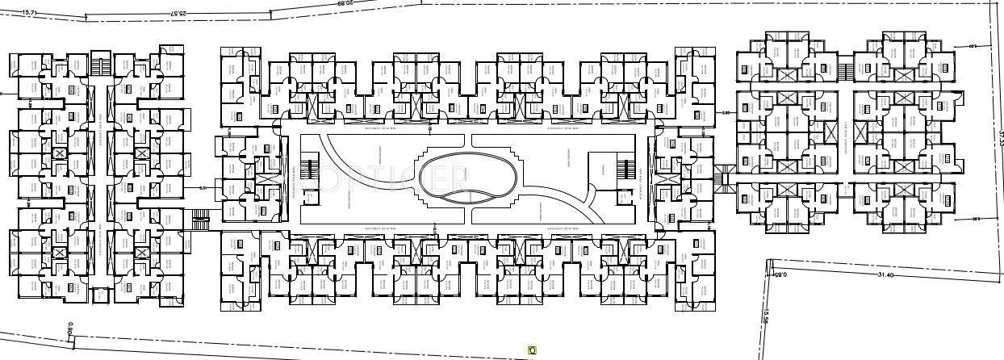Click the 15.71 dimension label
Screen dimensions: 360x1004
[x=30, y=13]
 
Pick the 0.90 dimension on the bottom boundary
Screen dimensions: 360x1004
[x=71, y=329]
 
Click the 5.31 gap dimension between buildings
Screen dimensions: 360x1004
[x=204, y=188]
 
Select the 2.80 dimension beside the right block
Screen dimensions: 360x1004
[x=726, y=113]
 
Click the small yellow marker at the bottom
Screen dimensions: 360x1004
[x=532, y=350]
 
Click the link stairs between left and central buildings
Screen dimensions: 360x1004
[x=202, y=216]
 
